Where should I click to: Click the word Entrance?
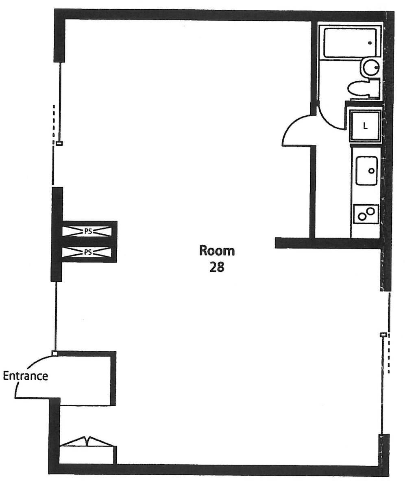click(26, 376)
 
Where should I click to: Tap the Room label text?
click(217, 251)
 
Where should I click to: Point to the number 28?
click(217, 267)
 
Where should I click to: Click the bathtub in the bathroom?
click(350, 43)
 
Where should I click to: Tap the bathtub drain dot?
click(370, 43)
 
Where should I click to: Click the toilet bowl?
click(358, 89)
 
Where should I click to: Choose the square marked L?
click(365, 126)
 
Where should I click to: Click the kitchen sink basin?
click(367, 171)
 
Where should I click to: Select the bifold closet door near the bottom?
click(88, 442)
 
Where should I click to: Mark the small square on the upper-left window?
click(59, 143)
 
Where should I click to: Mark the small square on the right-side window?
click(384, 335)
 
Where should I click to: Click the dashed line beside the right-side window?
click(388, 354)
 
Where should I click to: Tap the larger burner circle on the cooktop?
click(370, 211)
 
